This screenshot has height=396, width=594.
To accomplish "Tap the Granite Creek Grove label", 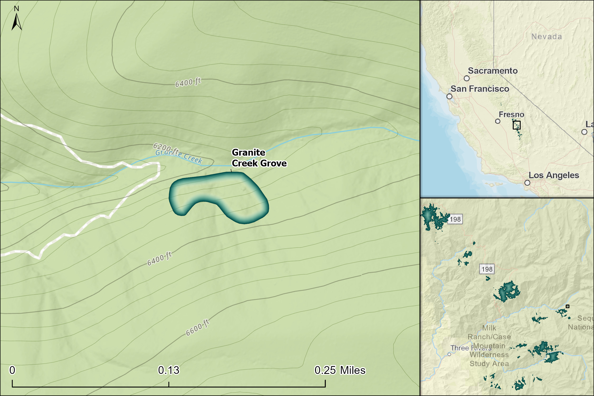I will pyautogui.click(x=259, y=158).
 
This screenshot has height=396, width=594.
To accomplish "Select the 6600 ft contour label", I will pyautogui.click(x=197, y=327).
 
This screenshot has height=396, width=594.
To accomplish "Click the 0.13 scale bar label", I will pyautogui.click(x=168, y=370).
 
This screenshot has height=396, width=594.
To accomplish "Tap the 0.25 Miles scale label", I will pyautogui.click(x=340, y=370).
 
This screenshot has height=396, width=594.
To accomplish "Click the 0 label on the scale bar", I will pyautogui.click(x=12, y=370).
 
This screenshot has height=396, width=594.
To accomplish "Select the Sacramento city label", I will pyautogui.click(x=493, y=71).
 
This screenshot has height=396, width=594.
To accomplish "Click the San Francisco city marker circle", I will pyautogui.click(x=449, y=96).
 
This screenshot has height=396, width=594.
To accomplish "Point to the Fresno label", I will pyautogui.click(x=511, y=115).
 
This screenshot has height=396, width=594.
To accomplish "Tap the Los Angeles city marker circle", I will pyautogui.click(x=527, y=183).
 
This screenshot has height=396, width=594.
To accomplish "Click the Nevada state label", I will pyautogui.click(x=546, y=37).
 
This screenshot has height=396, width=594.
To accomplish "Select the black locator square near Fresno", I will pyautogui.click(x=517, y=125).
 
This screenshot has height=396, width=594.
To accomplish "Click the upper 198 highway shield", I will pyautogui.click(x=455, y=219).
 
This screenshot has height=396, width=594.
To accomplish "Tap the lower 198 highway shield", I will pyautogui.click(x=487, y=269).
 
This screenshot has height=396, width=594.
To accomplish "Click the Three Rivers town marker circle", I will pyautogui.click(x=449, y=354).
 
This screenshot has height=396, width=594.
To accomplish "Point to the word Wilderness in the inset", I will pyautogui.click(x=489, y=355).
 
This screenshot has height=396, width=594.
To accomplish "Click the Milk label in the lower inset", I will pyautogui.click(x=489, y=328).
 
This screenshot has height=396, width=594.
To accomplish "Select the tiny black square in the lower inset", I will pyautogui.click(x=567, y=306).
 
